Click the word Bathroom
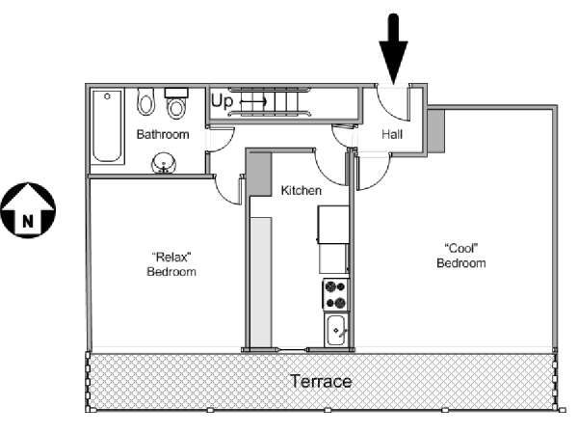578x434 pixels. [x=162, y=134]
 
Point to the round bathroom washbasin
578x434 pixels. [x=164, y=162]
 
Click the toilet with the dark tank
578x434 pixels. [x=175, y=102]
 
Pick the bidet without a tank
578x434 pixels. [x=146, y=101]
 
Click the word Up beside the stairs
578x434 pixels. [x=223, y=99]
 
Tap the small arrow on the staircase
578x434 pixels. [x=252, y=99]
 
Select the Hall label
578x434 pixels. [x=392, y=134]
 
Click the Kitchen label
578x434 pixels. [x=301, y=191]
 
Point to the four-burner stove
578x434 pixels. [x=334, y=291]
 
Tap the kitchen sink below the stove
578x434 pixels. [x=336, y=329]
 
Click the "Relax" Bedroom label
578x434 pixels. [x=172, y=264]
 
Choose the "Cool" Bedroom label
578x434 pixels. [x=460, y=255]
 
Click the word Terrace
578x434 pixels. [x=321, y=381]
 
